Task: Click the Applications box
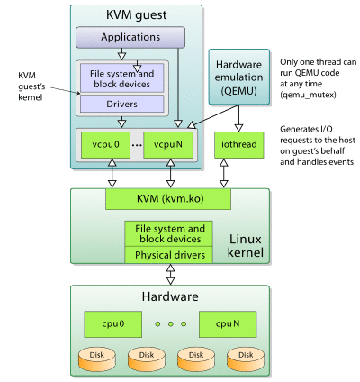point(130,37)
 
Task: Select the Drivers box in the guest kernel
point(121,104)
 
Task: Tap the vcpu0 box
point(105,145)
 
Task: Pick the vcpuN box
point(168,145)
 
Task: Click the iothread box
point(239,145)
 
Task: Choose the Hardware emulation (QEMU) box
point(239,77)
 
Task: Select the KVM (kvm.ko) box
point(168,199)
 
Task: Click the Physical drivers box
point(169,255)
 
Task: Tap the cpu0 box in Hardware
point(113,324)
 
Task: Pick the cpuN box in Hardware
point(228,324)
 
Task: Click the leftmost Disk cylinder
point(97,360)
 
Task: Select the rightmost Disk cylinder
point(246,360)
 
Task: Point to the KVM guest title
point(136,15)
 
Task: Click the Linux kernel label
point(246,246)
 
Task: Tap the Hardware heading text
point(170,296)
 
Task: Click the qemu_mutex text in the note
point(308,95)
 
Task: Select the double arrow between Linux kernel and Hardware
point(170,274)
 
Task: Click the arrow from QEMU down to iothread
point(238,118)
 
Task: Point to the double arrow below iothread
point(223,173)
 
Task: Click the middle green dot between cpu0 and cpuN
point(171,324)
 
